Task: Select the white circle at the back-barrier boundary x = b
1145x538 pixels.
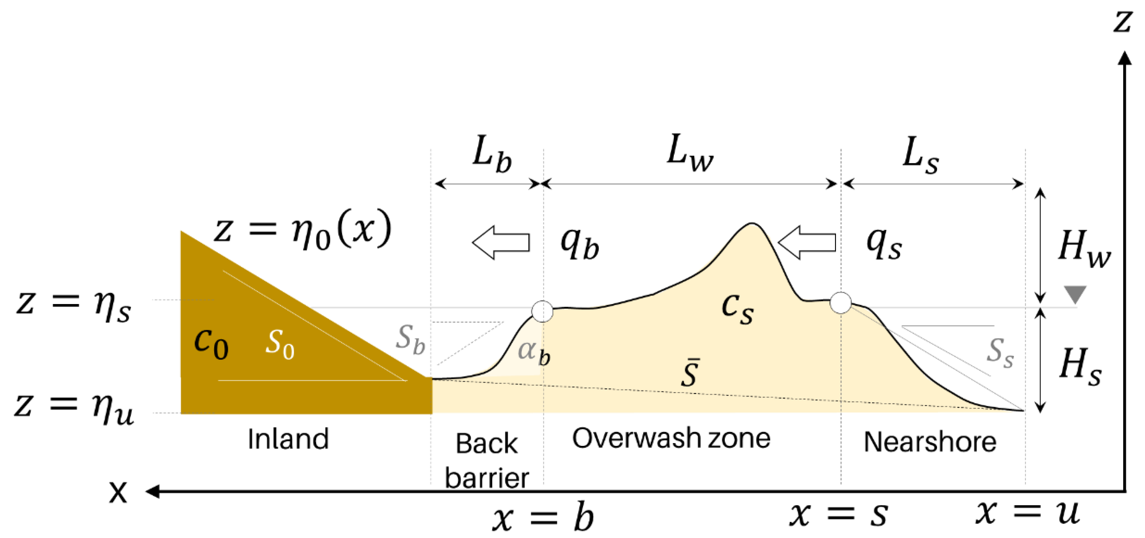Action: tap(542, 311)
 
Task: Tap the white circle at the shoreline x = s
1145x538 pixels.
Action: tap(840, 303)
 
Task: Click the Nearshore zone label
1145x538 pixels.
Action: tap(930, 442)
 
